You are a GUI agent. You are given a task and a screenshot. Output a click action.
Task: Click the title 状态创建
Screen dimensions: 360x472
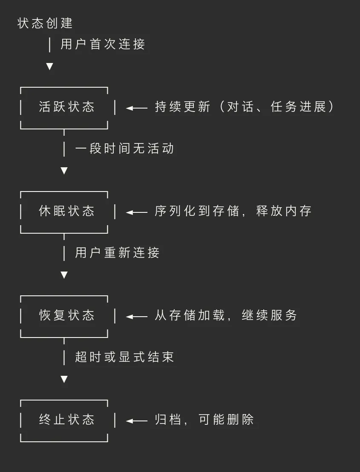[45, 23]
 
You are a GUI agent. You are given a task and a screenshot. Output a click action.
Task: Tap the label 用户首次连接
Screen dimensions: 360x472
[103, 44]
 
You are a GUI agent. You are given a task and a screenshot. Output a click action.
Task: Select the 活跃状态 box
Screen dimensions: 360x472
[66, 107]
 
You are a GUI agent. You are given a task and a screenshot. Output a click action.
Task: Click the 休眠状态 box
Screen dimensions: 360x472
[66, 211]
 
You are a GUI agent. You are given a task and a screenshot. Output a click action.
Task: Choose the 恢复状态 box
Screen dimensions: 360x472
[66, 315]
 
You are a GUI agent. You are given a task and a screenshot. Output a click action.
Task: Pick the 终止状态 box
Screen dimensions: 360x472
[66, 420]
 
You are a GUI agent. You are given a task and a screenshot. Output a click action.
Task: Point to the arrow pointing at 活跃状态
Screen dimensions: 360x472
[136, 108]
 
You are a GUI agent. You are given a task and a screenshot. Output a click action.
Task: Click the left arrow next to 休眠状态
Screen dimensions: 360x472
[136, 212]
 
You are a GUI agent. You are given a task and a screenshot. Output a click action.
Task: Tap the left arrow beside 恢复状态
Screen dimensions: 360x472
[136, 317]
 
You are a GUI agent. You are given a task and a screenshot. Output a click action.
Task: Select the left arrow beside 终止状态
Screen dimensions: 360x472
[136, 421]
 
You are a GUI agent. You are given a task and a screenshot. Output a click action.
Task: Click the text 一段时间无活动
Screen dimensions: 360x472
[124, 149]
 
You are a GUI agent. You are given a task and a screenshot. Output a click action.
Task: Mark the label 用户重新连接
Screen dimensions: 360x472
[117, 253]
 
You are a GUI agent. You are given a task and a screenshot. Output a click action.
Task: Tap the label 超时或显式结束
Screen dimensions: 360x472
[124, 357]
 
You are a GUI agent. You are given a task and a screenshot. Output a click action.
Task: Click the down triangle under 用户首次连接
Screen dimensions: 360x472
[49, 66]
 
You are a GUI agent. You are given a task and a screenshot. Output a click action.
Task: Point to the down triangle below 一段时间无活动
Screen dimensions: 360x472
[64, 171]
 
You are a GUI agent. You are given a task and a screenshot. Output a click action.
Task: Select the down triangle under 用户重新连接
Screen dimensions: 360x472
[64, 275]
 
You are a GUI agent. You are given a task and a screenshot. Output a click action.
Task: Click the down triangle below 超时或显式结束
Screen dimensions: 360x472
[64, 379]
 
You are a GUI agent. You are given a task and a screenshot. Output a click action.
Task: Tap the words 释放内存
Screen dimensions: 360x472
[284, 211]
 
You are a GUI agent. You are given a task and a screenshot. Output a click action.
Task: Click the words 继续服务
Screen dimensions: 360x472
[269, 315]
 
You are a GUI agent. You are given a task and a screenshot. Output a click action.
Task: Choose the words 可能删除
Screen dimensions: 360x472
[226, 420]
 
